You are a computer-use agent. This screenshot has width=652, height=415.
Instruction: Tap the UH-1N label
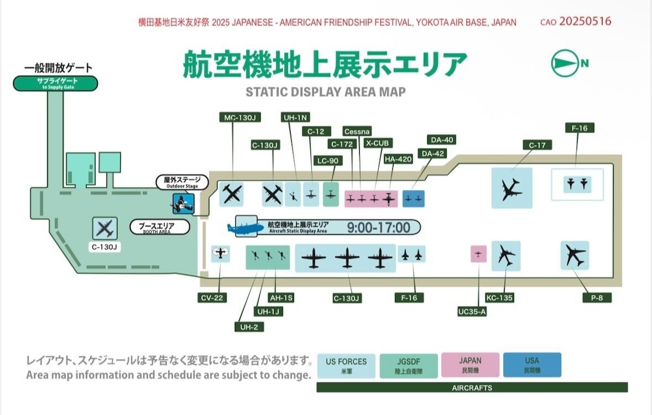tap(296, 117)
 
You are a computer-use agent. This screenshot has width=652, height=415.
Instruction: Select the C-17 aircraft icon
tap(511, 188)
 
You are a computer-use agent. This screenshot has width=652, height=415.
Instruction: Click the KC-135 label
tap(500, 298)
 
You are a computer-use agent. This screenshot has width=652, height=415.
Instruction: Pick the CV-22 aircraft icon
tap(221, 253)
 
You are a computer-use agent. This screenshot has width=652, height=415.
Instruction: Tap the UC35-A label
tap(472, 312)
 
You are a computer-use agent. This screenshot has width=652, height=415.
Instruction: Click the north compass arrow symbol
tap(563, 63)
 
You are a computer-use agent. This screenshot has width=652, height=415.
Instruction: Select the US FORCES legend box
tap(346, 366)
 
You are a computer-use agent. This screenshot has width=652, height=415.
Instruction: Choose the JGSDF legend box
tap(409, 366)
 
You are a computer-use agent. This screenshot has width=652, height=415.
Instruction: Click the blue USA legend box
tap(532, 365)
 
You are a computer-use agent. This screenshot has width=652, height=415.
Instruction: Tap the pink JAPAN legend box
tap(471, 365)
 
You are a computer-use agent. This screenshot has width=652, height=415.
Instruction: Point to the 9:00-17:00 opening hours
tap(379, 228)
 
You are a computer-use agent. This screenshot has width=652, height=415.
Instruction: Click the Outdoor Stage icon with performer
tap(183, 204)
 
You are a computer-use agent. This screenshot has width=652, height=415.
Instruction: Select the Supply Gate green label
tap(55, 83)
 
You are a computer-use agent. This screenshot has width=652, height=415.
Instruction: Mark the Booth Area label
tap(160, 227)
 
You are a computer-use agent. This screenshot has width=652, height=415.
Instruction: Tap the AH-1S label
tap(281, 298)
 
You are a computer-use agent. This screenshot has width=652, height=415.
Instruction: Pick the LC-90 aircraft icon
tap(331, 194)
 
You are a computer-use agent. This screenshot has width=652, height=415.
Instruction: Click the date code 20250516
tap(585, 22)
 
